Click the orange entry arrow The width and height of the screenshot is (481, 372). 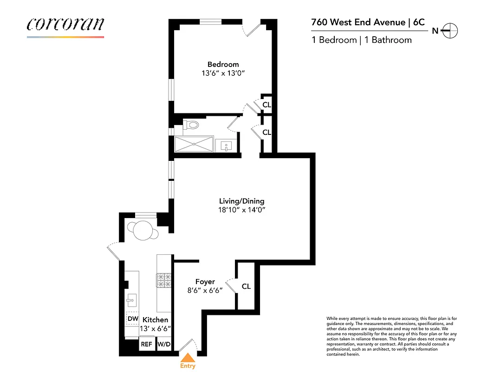point(188,357)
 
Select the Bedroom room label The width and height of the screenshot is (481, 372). point(223,64)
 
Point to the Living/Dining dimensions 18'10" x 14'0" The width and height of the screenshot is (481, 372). point(241,210)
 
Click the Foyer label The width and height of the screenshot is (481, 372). point(205,282)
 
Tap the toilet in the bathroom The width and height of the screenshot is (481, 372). point(191,125)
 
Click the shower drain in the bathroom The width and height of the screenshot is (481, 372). point(194,144)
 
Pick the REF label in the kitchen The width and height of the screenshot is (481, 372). point(147,345)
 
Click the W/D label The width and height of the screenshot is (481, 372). point(164,345)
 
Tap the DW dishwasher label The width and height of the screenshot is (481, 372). point(133,319)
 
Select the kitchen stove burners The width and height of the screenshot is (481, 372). point(164,280)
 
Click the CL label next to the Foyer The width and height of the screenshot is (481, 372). point(246,286)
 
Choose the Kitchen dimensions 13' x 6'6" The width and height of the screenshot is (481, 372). point(155,329)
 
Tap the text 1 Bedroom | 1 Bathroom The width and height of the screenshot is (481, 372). point(362,40)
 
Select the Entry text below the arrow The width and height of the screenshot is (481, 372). point(188,366)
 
